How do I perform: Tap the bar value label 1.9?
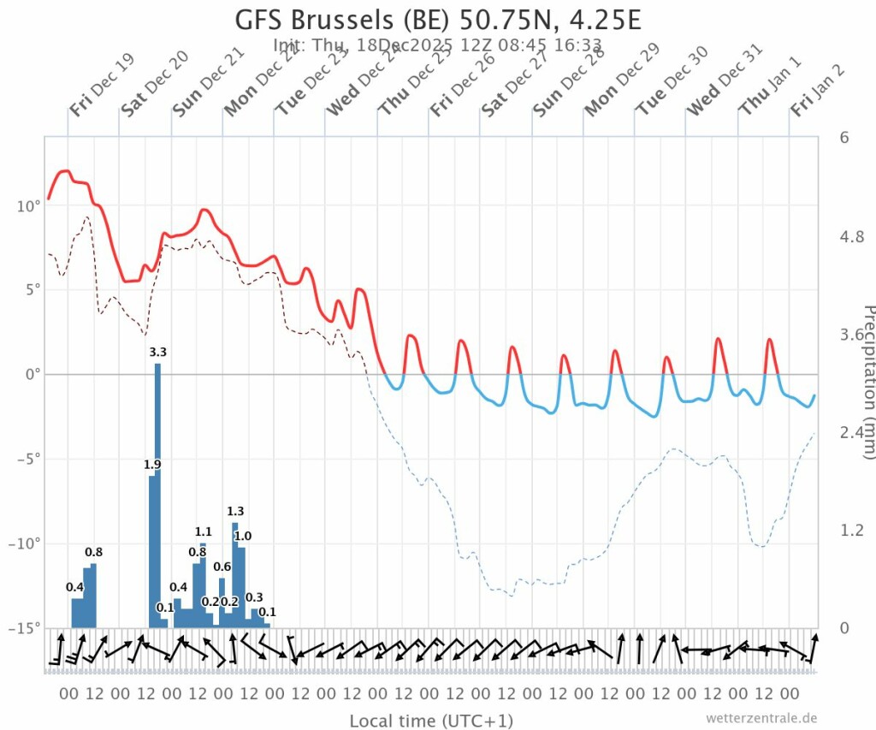[152, 465]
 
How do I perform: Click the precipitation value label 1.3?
[235, 512]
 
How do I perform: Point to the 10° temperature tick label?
[27, 206]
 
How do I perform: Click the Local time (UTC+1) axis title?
[431, 721]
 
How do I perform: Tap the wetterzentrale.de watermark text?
[761, 718]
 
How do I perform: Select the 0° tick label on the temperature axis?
[32, 375]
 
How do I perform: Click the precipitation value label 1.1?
[203, 531]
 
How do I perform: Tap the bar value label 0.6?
[222, 567]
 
